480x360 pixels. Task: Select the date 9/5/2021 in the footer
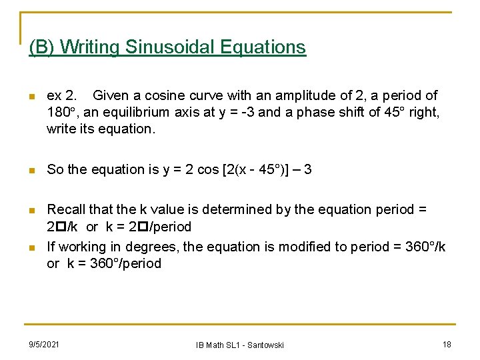[43, 344]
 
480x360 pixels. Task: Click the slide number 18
[446, 344]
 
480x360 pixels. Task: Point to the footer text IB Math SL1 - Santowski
[240, 345]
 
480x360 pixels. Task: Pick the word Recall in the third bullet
[67, 209]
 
